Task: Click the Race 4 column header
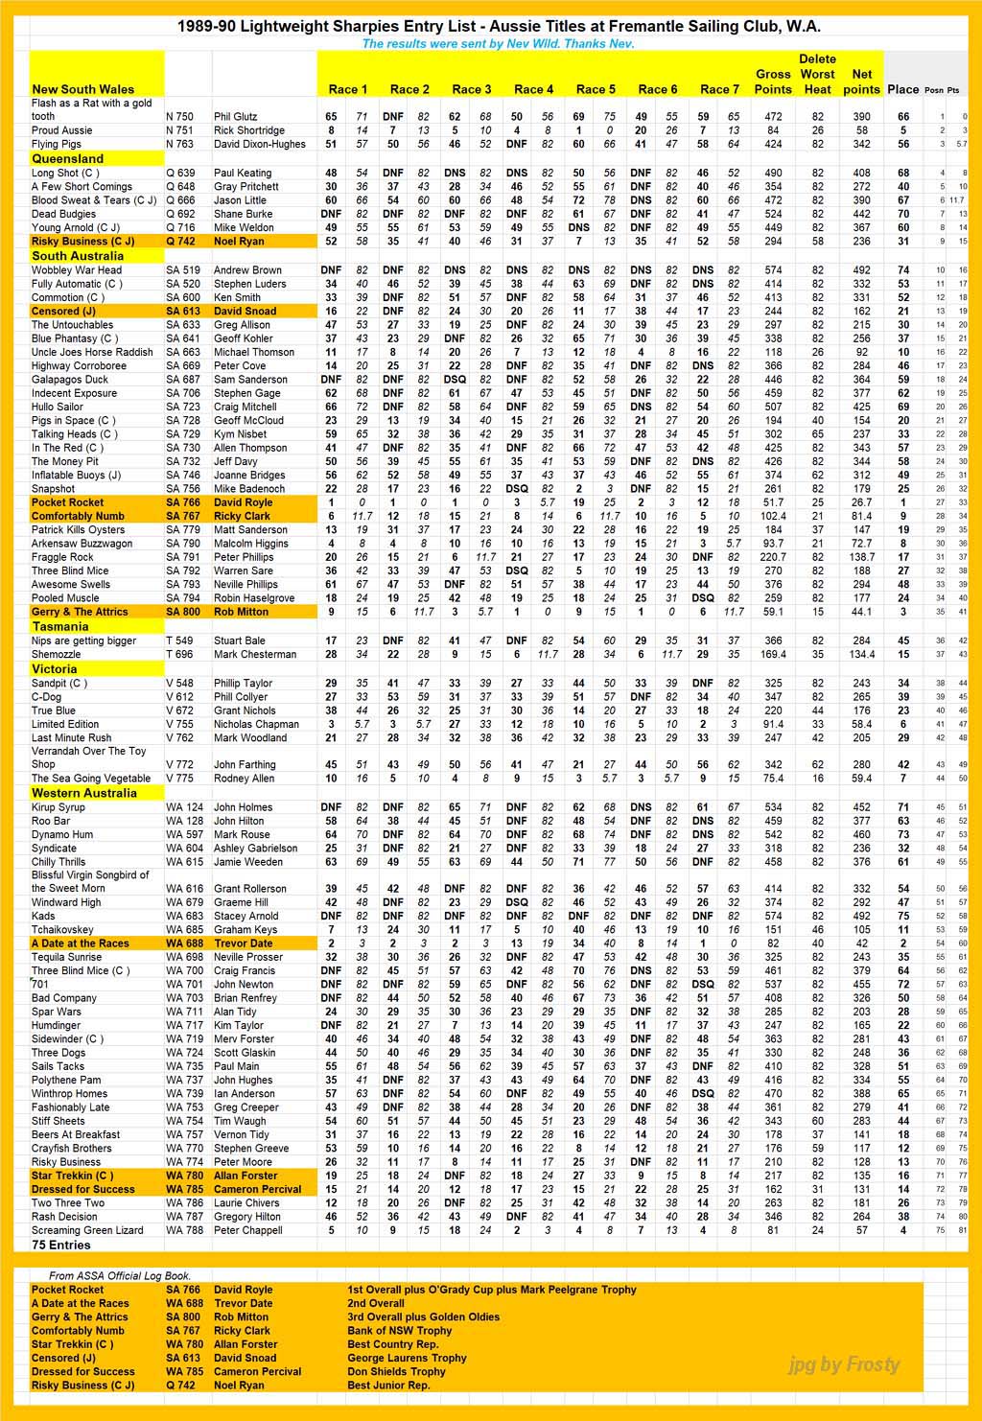(x=533, y=89)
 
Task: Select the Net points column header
(x=861, y=82)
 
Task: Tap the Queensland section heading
(x=67, y=158)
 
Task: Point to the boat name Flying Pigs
(x=56, y=144)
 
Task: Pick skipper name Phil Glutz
(x=235, y=117)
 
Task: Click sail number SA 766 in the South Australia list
(x=183, y=502)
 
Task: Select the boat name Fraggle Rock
(x=62, y=557)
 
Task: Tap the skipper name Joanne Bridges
(x=249, y=475)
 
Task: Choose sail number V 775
(x=179, y=779)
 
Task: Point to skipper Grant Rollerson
(x=250, y=889)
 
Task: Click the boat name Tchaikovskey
(x=62, y=929)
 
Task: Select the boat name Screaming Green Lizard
(x=87, y=1230)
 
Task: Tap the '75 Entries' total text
(x=60, y=1245)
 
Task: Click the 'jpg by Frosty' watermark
(x=844, y=1364)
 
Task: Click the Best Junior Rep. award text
(x=388, y=1386)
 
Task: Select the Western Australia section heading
(x=83, y=793)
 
